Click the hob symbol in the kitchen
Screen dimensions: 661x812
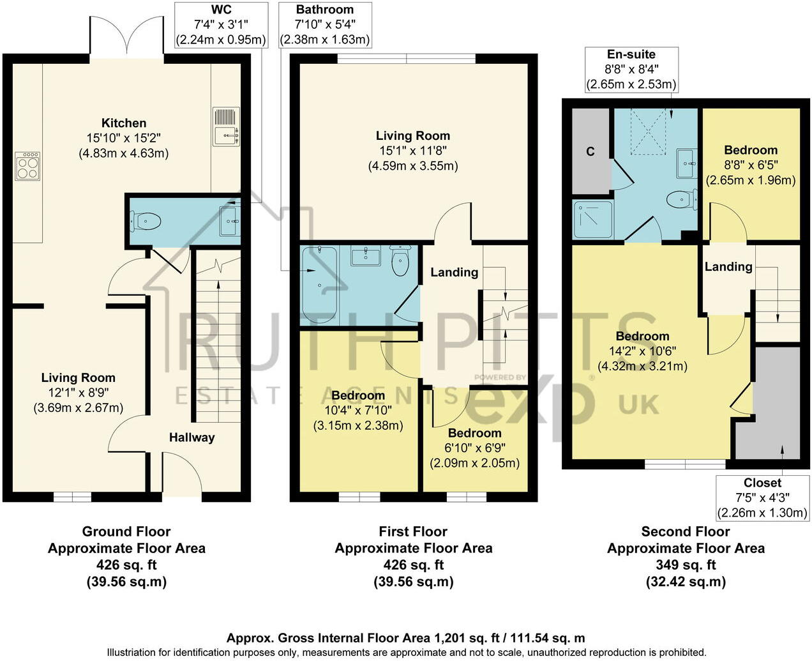pyautogui.click(x=27, y=165)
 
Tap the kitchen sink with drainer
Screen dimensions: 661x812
pyautogui.click(x=226, y=126)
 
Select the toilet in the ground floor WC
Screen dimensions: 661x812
pyautogui.click(x=145, y=222)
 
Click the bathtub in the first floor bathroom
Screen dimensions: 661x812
pyautogui.click(x=317, y=285)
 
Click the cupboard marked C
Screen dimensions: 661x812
pyautogui.click(x=590, y=151)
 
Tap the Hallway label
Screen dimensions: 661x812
pyautogui.click(x=192, y=437)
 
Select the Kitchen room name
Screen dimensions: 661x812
pyautogui.click(x=124, y=123)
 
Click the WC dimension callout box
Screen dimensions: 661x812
pyautogui.click(x=221, y=25)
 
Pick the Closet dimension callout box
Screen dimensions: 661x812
pyautogui.click(x=762, y=498)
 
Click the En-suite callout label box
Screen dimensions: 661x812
pyautogui.click(x=631, y=70)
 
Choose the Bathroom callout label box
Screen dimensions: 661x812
pyautogui.click(x=325, y=25)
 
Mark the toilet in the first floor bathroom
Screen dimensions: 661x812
pyautogui.click(x=400, y=262)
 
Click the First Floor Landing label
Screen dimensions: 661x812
pyautogui.click(x=454, y=272)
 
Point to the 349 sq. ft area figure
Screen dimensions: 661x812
pyautogui.click(x=686, y=565)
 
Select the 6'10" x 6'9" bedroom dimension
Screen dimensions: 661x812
pyautogui.click(x=474, y=448)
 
